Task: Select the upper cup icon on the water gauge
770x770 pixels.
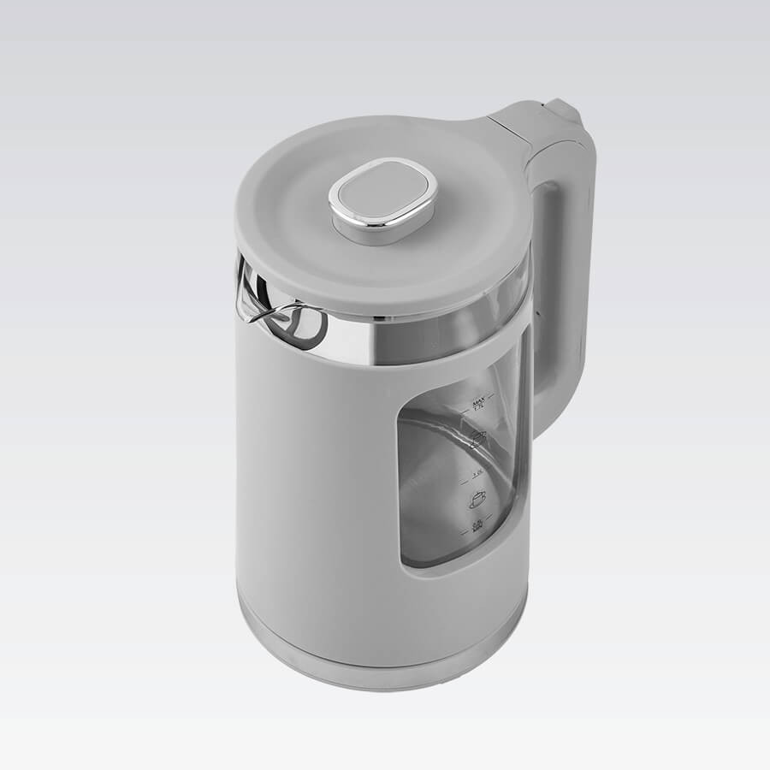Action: coord(478,439)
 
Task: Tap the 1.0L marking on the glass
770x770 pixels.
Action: coord(477,471)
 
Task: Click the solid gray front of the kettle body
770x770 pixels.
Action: coord(317,479)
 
